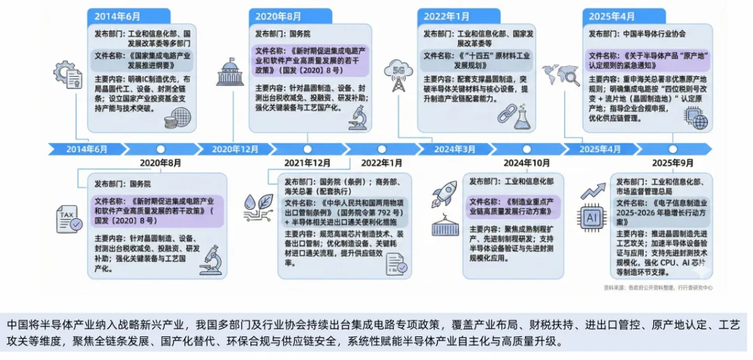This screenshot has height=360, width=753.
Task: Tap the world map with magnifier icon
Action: [561, 75]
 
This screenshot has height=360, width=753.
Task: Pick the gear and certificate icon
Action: [69, 72]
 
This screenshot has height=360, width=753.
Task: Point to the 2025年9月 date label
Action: [672, 163]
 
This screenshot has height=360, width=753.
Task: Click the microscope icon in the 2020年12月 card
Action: [358, 117]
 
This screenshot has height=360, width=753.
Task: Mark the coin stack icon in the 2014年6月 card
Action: [170, 120]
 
